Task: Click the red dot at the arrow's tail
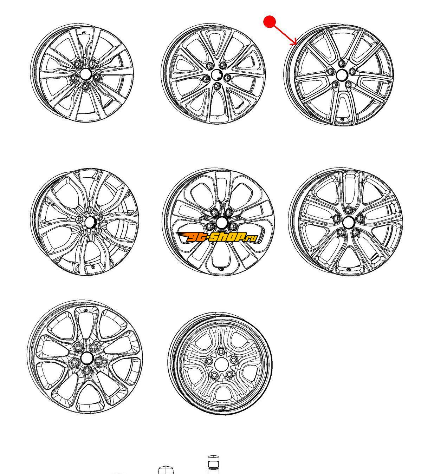click(x=270, y=22)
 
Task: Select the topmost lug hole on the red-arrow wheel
click(x=342, y=63)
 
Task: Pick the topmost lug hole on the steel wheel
click(x=221, y=352)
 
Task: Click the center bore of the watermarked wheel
click(x=221, y=223)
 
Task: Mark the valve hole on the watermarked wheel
click(x=221, y=269)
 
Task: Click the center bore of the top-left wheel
click(x=85, y=74)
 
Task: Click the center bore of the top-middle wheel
click(x=216, y=75)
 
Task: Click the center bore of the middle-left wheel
click(x=89, y=222)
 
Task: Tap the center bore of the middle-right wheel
click(x=347, y=222)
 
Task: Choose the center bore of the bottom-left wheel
click(x=86, y=358)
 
